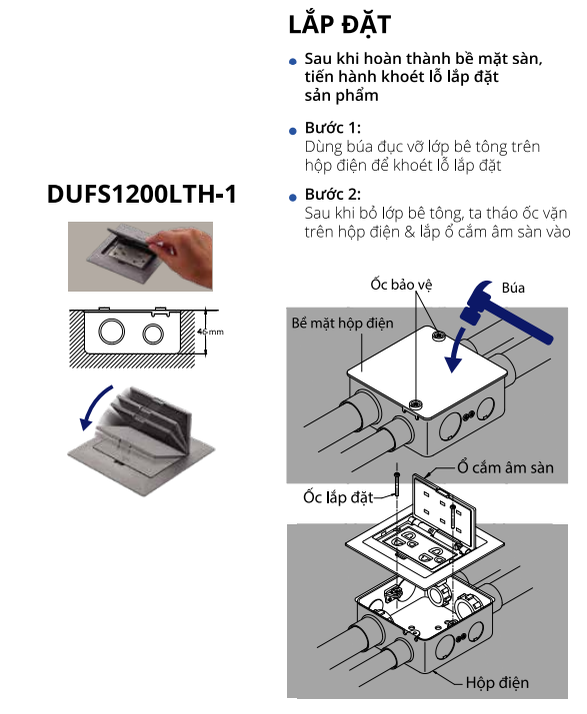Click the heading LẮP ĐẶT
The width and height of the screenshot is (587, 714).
pos(339,25)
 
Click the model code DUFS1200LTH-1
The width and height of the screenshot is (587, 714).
pos(142,194)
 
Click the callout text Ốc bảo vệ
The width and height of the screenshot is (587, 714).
pos(400,284)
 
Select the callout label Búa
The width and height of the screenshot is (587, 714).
pos(514,288)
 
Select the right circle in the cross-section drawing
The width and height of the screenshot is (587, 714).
pos(153,332)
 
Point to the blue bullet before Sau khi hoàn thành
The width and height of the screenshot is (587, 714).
pos(292,62)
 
